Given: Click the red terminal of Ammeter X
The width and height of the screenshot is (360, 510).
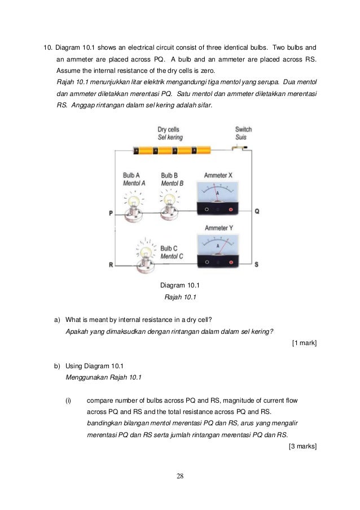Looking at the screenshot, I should (x=230, y=210).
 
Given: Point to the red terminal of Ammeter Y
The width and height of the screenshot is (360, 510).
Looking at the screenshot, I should (x=230, y=262).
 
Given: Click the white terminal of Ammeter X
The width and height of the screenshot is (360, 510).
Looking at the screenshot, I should (x=207, y=210).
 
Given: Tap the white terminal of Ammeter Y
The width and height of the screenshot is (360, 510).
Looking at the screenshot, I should (x=207, y=262).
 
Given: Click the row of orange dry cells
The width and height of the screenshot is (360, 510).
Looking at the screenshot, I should (x=172, y=151).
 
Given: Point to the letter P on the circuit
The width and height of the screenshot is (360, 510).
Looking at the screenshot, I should (x=111, y=213).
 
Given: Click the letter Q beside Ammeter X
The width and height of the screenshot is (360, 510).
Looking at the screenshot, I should (x=257, y=211).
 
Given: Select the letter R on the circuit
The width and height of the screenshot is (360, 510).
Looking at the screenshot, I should (x=111, y=264).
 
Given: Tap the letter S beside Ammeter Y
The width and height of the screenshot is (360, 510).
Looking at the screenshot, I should (x=257, y=264).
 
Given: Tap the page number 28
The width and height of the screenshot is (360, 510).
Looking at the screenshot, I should (x=180, y=476).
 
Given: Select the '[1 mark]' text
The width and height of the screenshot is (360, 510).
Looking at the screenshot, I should (x=304, y=343).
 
